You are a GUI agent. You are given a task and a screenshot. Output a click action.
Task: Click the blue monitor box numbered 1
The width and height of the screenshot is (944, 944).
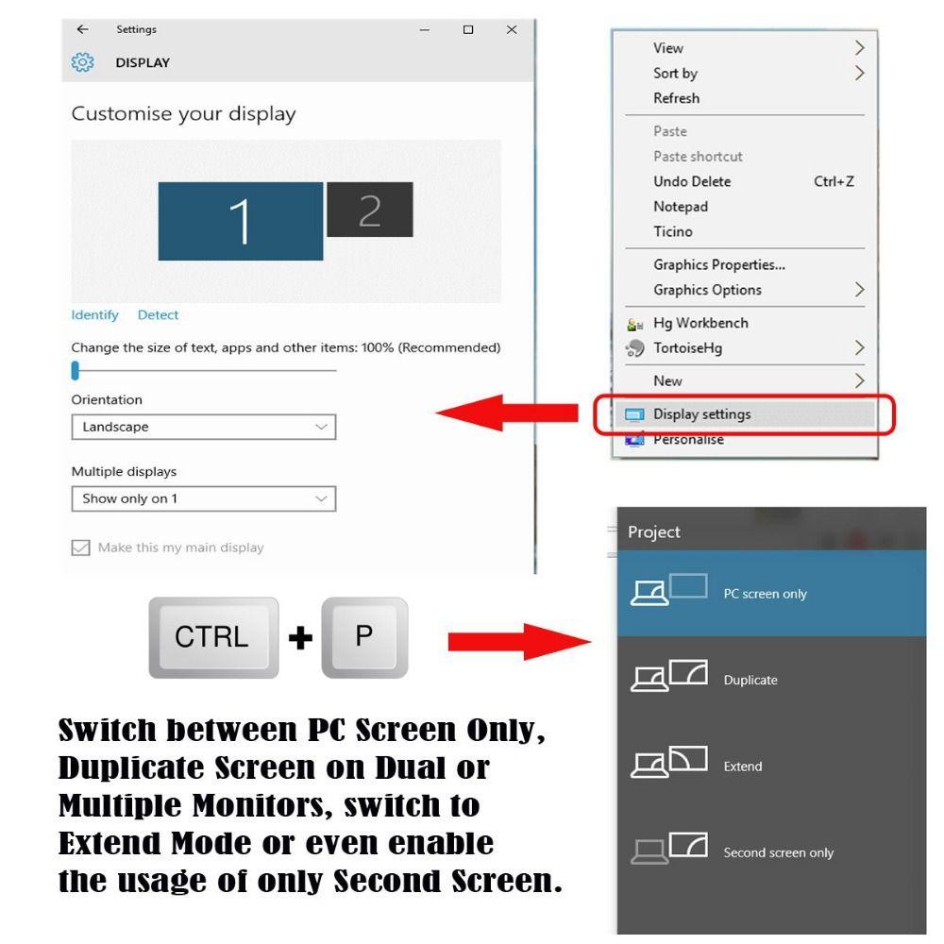240,221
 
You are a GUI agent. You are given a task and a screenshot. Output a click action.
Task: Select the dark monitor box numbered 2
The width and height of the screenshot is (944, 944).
369,210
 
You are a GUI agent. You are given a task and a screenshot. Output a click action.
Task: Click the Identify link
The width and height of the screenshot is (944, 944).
94,315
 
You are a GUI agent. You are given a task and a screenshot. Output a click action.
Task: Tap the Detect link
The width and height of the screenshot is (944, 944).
158,315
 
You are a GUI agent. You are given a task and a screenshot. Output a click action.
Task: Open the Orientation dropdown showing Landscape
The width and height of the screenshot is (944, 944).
203,428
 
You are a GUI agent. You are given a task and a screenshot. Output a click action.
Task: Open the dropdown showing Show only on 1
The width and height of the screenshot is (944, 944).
203,498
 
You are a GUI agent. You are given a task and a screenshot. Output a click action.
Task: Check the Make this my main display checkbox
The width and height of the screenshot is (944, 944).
81,548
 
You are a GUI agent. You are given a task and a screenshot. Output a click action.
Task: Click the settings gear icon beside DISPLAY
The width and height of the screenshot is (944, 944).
83,62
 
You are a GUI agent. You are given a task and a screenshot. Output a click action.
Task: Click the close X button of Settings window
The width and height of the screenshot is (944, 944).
512,29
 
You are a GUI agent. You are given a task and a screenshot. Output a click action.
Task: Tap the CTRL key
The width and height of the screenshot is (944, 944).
213,637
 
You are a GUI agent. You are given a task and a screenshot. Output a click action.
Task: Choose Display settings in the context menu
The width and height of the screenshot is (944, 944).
702,413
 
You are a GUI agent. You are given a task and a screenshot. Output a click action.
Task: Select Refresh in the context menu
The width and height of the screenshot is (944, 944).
677,98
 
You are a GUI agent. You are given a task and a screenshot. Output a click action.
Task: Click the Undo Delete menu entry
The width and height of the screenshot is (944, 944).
692,181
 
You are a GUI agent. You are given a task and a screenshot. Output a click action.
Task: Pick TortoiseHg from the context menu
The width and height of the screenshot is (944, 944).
687,348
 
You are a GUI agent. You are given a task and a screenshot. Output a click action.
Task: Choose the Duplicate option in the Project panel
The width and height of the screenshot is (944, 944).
750,680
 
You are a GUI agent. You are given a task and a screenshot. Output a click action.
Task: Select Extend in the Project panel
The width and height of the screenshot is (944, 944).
742,766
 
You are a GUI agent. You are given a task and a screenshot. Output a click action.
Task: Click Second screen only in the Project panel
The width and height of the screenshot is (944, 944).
778,852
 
